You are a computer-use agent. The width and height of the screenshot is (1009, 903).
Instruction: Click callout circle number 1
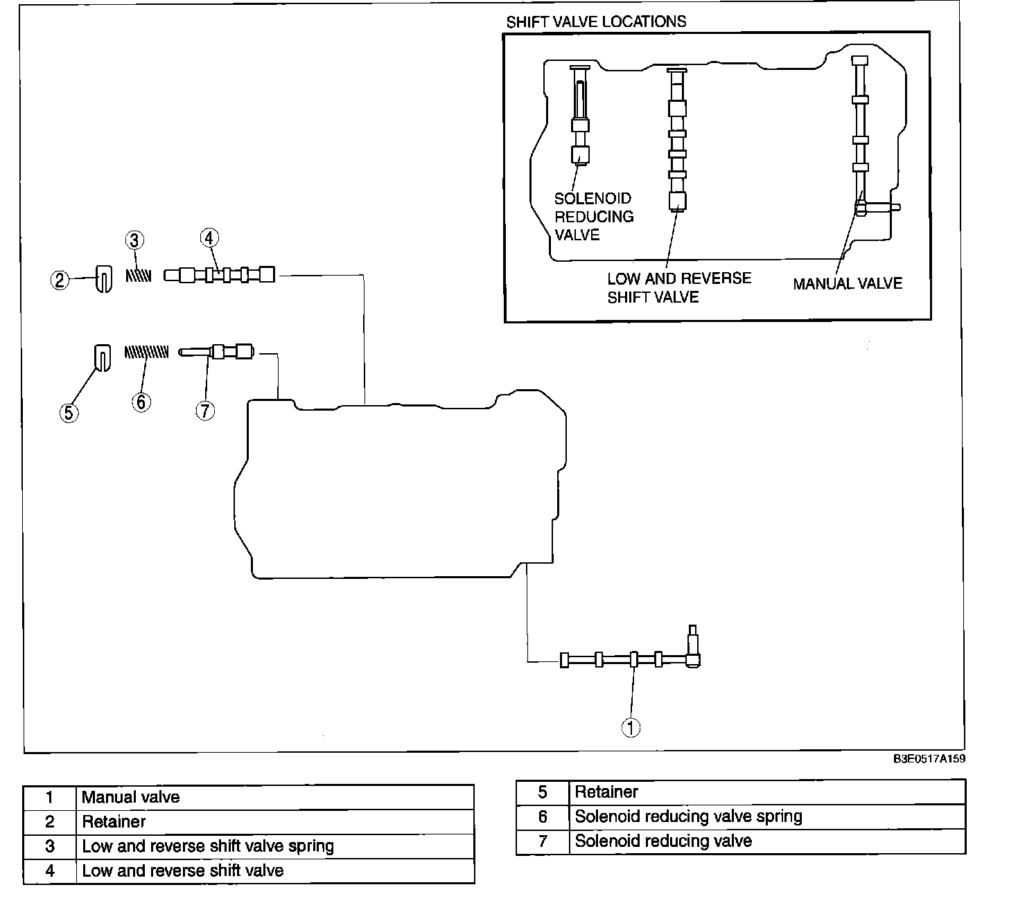(x=631, y=727)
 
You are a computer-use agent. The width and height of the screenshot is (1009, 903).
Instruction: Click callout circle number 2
(x=60, y=280)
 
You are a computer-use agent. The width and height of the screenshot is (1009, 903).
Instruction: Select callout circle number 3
(x=134, y=240)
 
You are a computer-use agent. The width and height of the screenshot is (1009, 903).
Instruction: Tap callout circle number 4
(x=209, y=238)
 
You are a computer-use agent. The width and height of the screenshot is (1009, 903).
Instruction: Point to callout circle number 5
(x=69, y=413)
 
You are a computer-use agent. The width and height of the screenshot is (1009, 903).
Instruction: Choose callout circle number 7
(x=205, y=411)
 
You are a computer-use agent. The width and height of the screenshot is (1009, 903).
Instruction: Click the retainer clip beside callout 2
(x=103, y=279)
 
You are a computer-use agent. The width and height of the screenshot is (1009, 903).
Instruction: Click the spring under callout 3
(x=138, y=275)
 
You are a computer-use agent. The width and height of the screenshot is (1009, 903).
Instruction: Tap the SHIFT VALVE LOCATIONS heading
(x=596, y=21)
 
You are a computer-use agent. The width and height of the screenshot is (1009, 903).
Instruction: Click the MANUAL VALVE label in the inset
(x=848, y=283)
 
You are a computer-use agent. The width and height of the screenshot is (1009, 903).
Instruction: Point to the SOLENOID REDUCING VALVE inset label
(x=593, y=217)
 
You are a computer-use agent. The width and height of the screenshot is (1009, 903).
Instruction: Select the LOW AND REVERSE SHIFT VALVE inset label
(x=678, y=287)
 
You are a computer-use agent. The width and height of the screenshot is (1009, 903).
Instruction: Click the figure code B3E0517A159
(x=929, y=759)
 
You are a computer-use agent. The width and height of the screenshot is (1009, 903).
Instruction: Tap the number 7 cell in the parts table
(x=543, y=841)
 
